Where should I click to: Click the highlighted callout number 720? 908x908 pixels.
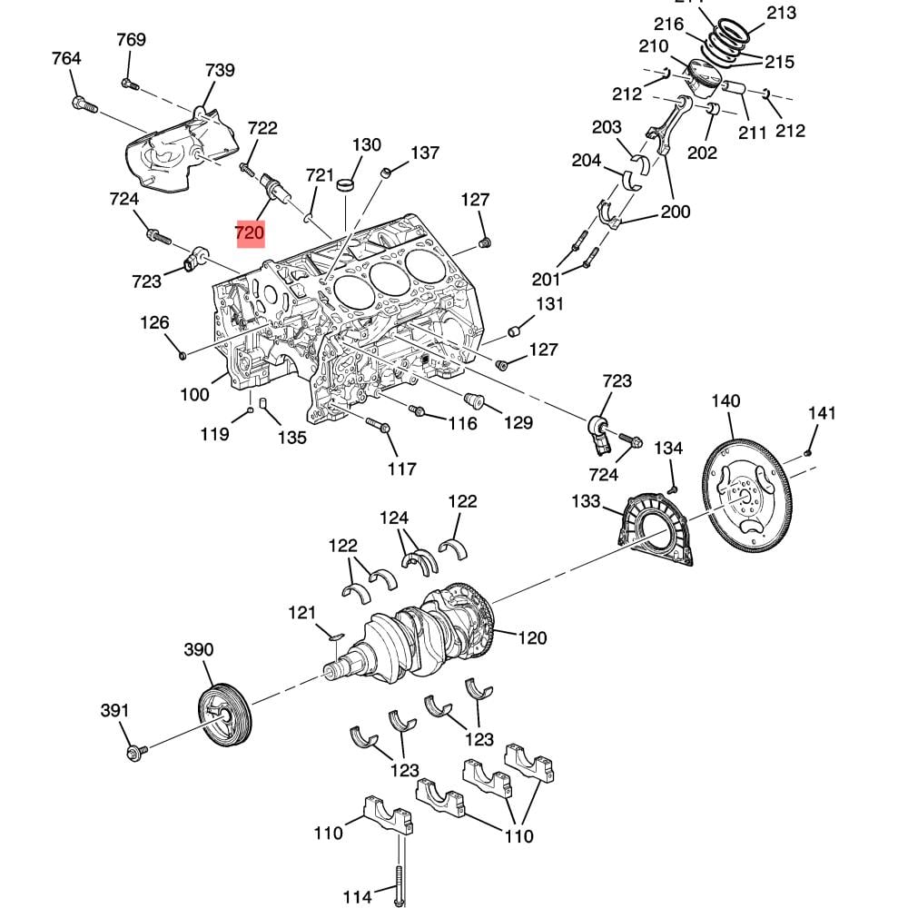[x=249, y=233]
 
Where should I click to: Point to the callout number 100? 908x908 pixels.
[x=194, y=394]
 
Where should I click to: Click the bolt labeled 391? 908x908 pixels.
[x=137, y=752]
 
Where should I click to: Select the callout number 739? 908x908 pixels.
[x=220, y=71]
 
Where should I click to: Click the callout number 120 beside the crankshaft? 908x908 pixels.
[x=532, y=637]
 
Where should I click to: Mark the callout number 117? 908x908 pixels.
[x=401, y=469]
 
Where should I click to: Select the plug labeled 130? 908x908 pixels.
[x=345, y=186]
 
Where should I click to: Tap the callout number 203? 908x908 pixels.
[x=607, y=127]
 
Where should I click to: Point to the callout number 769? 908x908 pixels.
[x=131, y=40]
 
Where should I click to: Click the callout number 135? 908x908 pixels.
[x=291, y=438]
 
